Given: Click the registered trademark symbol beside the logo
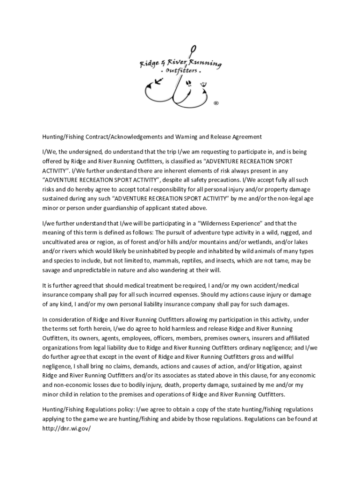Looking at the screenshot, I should tap(216, 103).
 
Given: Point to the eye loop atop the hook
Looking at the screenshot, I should tap(193, 49).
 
